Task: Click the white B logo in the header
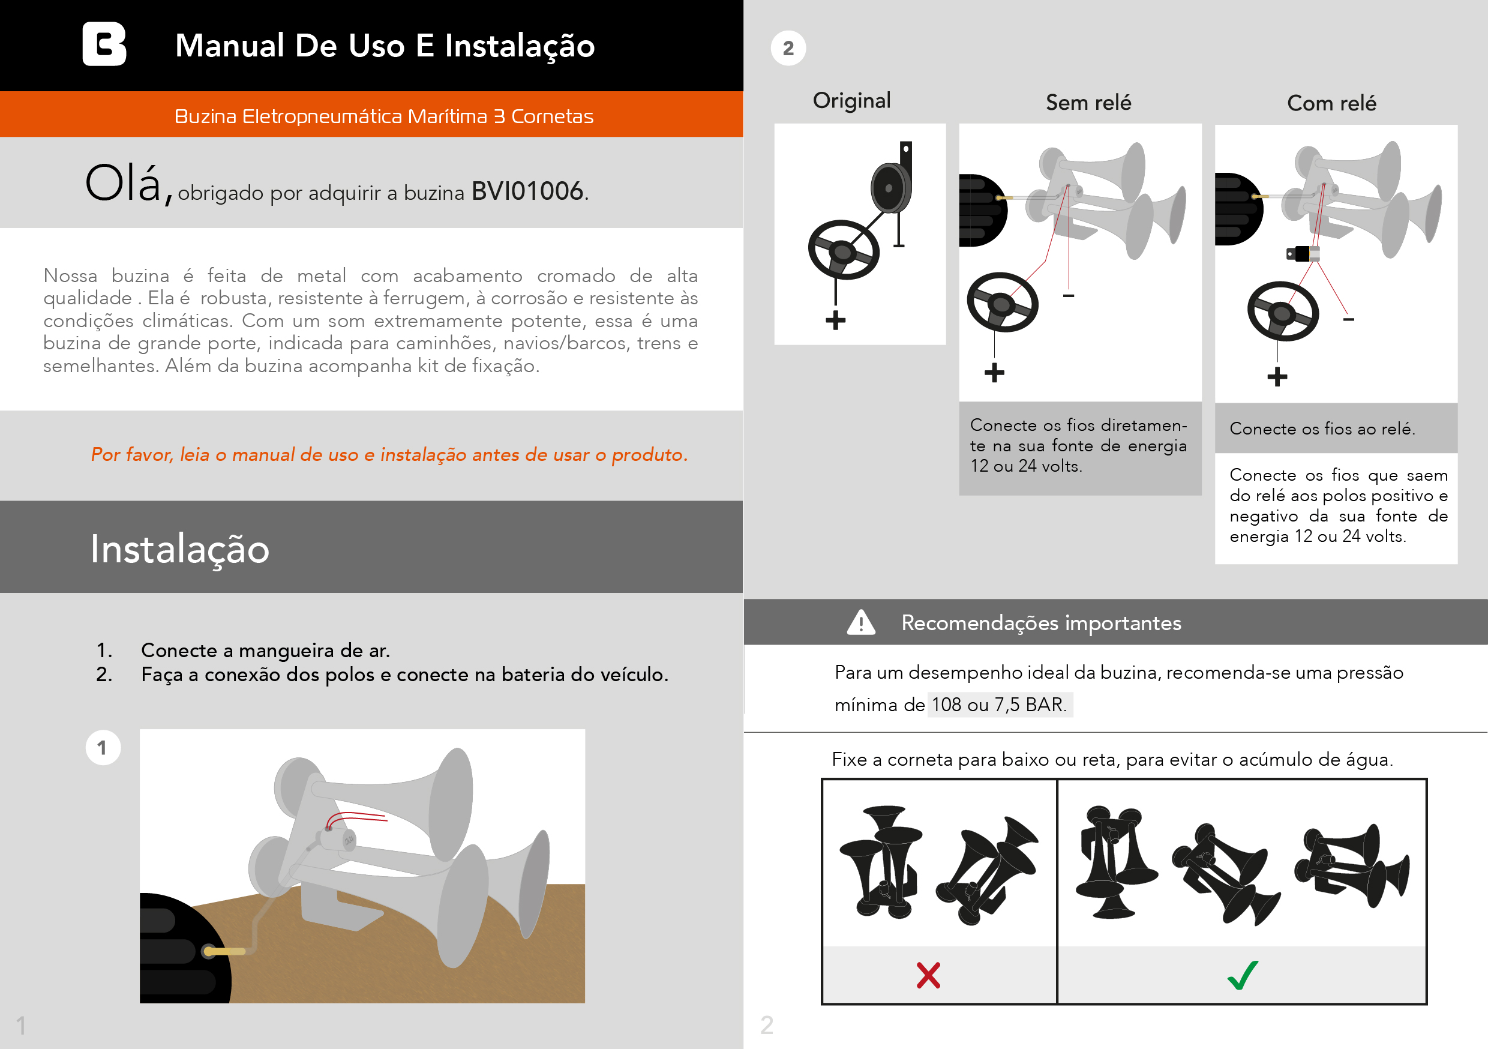(x=104, y=44)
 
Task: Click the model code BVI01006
(x=527, y=191)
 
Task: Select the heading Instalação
(x=179, y=549)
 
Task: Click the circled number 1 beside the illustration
(x=103, y=748)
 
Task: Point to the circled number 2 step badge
(x=788, y=48)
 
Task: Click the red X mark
(x=928, y=975)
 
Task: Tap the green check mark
(x=1243, y=975)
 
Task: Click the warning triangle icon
(x=860, y=622)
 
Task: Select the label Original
(x=851, y=100)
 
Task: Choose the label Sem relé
(x=1088, y=103)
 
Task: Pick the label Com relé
(x=1331, y=103)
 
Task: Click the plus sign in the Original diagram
(x=835, y=320)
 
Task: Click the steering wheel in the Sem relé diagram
(x=1002, y=302)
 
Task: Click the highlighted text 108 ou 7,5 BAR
(x=1000, y=704)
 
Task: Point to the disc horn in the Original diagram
(x=890, y=188)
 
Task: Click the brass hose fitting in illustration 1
(x=226, y=951)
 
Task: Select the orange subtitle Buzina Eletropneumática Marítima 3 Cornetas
(x=383, y=116)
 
